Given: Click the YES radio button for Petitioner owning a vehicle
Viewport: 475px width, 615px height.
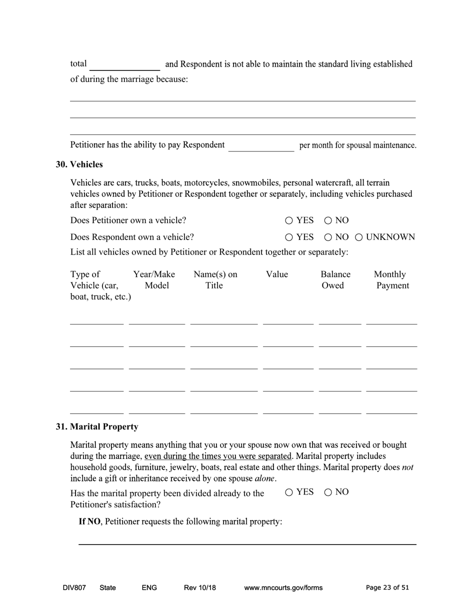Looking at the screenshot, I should point(289,220).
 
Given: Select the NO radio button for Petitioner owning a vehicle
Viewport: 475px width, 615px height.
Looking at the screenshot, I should point(328,220).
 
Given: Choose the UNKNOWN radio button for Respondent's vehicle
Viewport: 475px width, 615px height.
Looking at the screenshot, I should point(359,237).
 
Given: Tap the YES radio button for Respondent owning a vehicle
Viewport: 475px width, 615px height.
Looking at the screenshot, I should point(289,237).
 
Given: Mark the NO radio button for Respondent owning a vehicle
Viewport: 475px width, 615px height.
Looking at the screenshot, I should point(328,237).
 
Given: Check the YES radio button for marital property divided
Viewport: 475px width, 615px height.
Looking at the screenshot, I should point(289,492).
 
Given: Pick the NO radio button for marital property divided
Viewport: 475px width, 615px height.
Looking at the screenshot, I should point(328,492).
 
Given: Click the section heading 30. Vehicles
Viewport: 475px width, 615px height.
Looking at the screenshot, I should point(79,164).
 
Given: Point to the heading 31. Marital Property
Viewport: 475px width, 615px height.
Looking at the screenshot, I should point(97,427).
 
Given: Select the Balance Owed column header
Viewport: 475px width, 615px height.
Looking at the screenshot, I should point(335,280).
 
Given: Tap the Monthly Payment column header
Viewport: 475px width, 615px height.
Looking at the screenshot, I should point(391,280).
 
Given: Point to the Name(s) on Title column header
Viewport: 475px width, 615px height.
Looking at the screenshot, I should point(215,280).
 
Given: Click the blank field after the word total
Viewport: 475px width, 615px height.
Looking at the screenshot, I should point(125,65).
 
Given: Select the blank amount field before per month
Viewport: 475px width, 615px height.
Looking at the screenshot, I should point(261,145).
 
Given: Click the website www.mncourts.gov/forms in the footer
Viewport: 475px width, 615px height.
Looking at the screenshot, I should point(283,588).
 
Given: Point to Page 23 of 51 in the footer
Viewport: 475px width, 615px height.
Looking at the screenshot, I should point(387,588).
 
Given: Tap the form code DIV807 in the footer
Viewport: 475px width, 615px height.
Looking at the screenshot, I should point(74,588).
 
